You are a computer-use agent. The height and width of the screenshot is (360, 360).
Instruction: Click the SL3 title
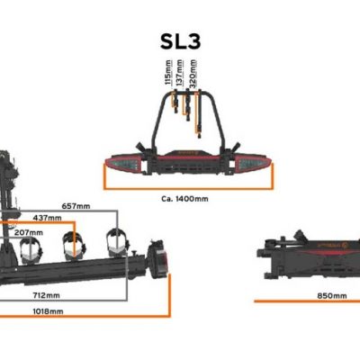[x=180, y=41]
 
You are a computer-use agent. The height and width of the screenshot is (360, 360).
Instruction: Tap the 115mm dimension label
[x=168, y=72]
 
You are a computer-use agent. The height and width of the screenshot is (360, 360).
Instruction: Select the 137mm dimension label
[x=180, y=72]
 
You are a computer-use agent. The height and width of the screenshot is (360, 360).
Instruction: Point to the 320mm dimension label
[x=193, y=74]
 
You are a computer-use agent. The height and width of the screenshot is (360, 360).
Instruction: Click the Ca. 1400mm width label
[x=184, y=199]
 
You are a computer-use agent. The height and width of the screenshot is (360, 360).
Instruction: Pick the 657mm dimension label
[x=76, y=206]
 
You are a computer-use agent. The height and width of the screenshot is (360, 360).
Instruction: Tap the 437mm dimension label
[x=48, y=218]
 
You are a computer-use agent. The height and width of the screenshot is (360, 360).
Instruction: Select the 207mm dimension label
[x=29, y=232]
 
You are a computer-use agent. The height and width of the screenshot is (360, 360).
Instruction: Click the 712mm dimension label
[x=47, y=295]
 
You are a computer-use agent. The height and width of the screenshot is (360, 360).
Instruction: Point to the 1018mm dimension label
[x=48, y=311]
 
